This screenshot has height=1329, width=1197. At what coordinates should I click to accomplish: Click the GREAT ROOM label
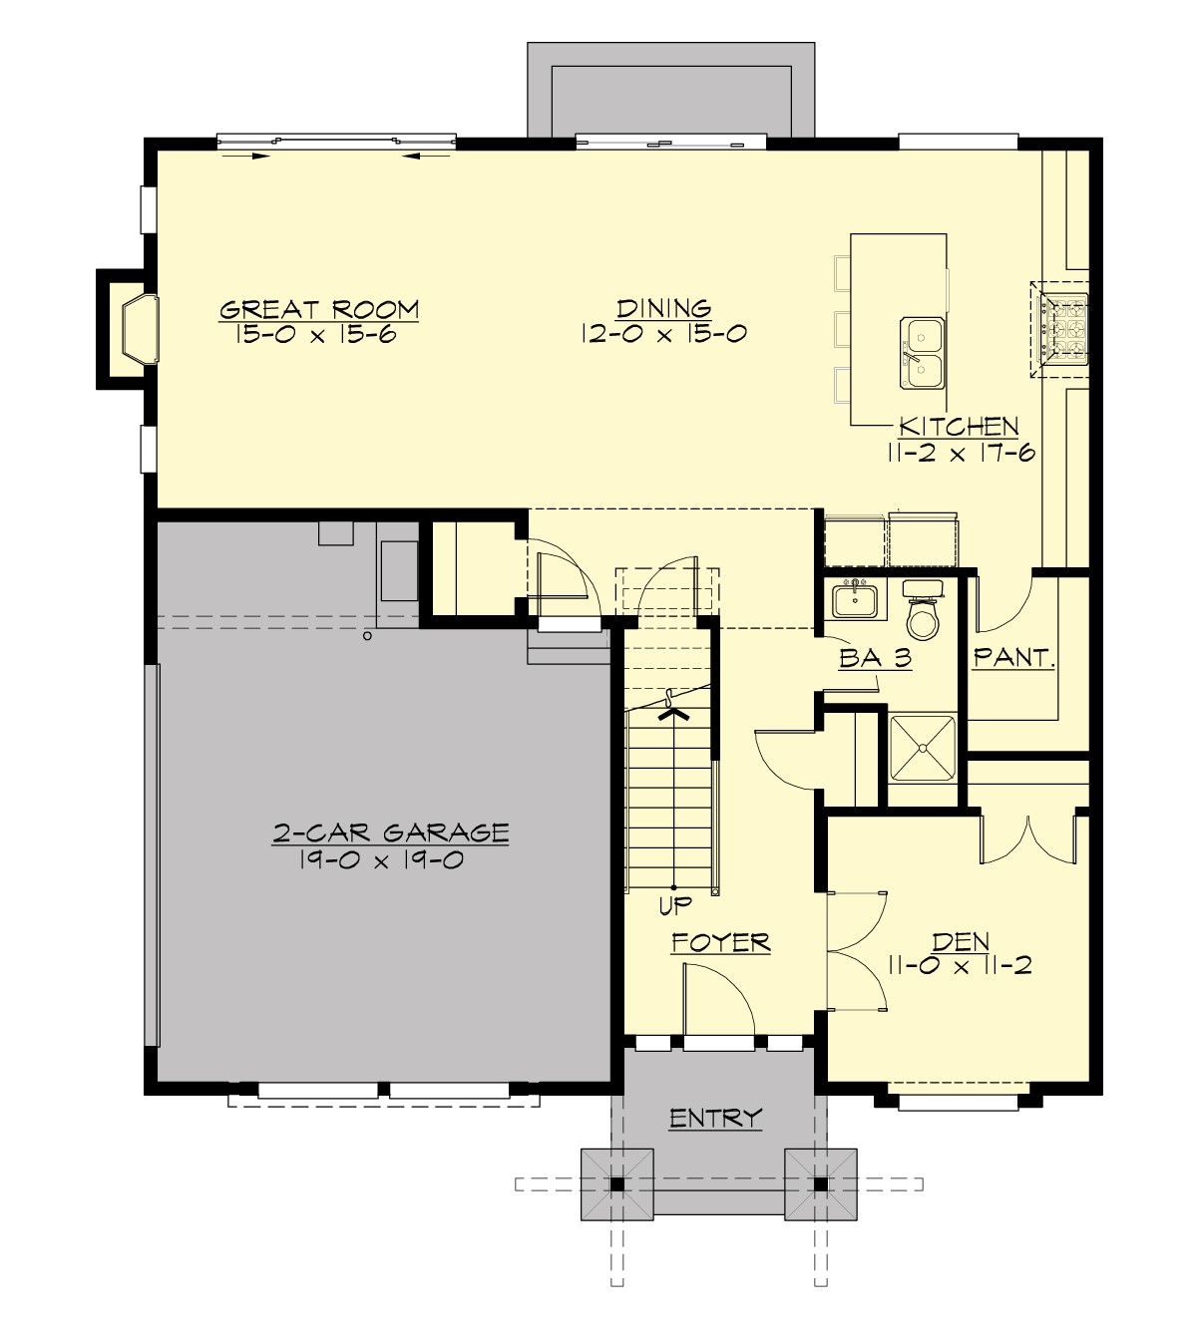coord(319,309)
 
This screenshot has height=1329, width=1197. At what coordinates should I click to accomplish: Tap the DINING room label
coord(663,308)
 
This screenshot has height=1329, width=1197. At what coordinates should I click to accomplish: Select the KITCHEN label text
coord(959,427)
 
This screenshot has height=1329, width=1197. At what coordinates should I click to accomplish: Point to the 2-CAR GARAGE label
coord(391,832)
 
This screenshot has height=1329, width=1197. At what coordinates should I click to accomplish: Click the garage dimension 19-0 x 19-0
coord(380,859)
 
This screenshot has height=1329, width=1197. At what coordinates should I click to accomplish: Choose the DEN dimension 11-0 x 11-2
coord(960,965)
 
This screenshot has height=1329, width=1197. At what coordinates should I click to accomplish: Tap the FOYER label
coord(720,942)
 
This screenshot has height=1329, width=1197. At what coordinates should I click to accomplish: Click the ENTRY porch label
coord(715,1119)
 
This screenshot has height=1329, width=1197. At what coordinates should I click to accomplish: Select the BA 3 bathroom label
coord(875,658)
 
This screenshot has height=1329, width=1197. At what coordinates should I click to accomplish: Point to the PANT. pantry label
coord(1013,658)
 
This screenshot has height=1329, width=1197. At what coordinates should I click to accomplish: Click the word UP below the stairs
coord(674,907)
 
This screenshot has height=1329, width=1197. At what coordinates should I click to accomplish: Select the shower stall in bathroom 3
coord(922,747)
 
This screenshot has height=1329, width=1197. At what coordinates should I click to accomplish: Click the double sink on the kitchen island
coord(922,353)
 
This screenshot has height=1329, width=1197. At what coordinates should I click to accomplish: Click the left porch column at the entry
coord(617,1184)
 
